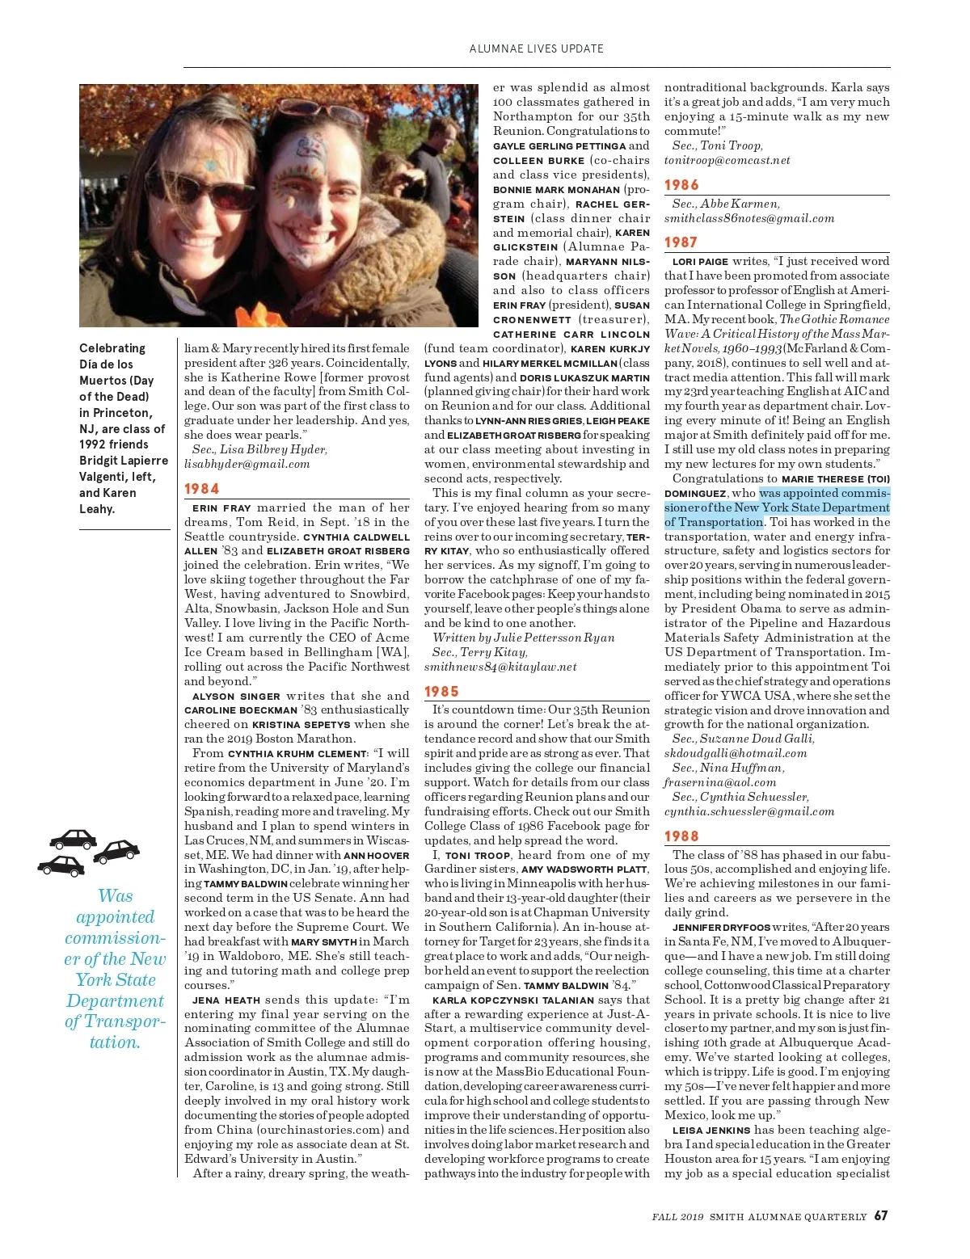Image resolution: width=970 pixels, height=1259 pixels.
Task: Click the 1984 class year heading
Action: pyautogui.click(x=201, y=489)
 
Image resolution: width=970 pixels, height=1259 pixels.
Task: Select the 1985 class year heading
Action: pyautogui.click(x=441, y=692)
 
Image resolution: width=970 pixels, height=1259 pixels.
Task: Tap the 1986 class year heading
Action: pyautogui.click(x=681, y=185)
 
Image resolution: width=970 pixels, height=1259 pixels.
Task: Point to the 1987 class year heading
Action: pyautogui.click(x=681, y=242)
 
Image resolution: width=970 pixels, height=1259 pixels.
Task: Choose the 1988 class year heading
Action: pyautogui.click(x=681, y=836)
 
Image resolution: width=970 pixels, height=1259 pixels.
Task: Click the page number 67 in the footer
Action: pyautogui.click(x=881, y=1215)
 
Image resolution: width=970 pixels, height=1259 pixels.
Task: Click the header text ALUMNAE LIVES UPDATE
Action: pyautogui.click(x=536, y=48)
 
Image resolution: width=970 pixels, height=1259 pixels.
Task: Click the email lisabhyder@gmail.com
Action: pyautogui.click(x=247, y=464)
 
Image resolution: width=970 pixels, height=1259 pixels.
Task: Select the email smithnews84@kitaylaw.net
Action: pyautogui.click(x=500, y=667)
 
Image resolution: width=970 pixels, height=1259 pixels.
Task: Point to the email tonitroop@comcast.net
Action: pyautogui.click(x=727, y=160)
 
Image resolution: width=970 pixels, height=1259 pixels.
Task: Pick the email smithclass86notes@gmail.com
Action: pyautogui.click(x=749, y=218)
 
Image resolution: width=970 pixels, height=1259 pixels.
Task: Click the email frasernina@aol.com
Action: pyautogui.click(x=719, y=782)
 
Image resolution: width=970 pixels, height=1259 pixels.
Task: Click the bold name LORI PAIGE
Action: pyautogui.click(x=700, y=262)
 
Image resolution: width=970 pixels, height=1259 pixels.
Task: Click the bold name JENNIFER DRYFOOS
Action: pyautogui.click(x=721, y=928)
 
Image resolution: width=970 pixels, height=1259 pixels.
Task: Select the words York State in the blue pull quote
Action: pyautogui.click(x=116, y=980)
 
